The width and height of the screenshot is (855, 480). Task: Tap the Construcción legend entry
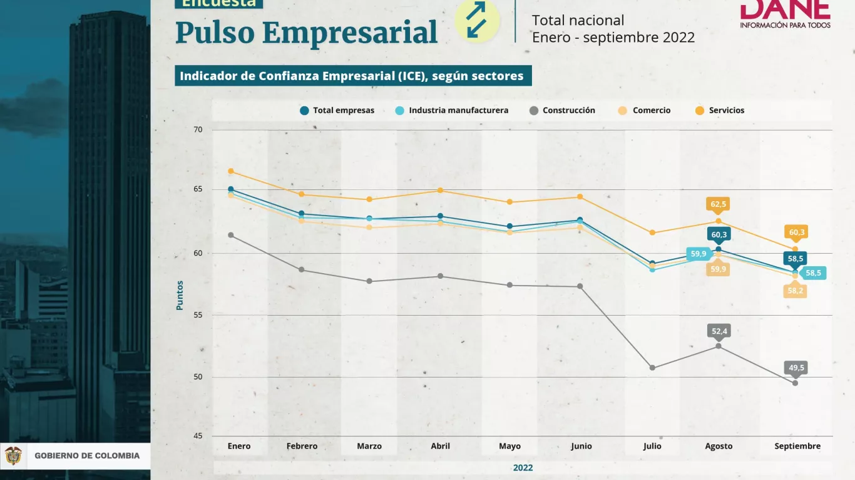[562, 111]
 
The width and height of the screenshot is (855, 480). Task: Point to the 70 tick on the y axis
[198, 130]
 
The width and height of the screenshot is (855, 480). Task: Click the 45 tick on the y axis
[198, 436]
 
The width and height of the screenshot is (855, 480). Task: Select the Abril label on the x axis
[440, 446]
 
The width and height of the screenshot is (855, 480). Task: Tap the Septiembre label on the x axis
[797, 446]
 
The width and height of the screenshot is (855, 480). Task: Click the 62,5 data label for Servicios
[718, 204]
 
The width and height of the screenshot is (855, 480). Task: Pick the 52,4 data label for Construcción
[719, 331]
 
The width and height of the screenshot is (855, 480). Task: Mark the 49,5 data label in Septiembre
[796, 368]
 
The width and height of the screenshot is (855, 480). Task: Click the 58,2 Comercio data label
[796, 291]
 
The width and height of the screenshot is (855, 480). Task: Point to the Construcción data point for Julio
[652, 367]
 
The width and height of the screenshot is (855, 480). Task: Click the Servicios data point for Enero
[231, 171]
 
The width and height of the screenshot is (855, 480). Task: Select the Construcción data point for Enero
[231, 235]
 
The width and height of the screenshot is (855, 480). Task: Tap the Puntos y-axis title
[180, 295]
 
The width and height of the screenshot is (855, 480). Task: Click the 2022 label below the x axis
[523, 467]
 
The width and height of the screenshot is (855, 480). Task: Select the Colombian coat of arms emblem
[13, 456]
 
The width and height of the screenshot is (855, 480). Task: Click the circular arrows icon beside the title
[477, 20]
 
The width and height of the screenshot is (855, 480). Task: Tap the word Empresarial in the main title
[349, 33]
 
